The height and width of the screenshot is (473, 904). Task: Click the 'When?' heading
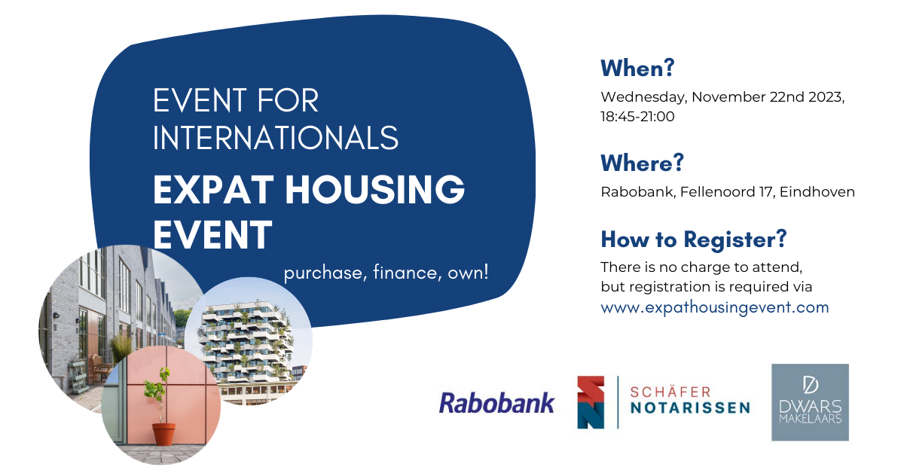pyautogui.click(x=637, y=68)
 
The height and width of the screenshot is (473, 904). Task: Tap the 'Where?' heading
pyautogui.click(x=642, y=163)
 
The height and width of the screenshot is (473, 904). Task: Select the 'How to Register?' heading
pyautogui.click(x=694, y=240)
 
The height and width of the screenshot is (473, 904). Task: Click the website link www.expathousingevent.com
pyautogui.click(x=715, y=307)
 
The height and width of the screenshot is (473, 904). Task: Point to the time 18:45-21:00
pyautogui.click(x=637, y=117)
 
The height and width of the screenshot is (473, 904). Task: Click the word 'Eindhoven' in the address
pyautogui.click(x=817, y=192)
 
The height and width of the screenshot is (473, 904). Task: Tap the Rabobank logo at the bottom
pyautogui.click(x=496, y=403)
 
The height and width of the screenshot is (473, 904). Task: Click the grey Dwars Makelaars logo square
pyautogui.click(x=810, y=402)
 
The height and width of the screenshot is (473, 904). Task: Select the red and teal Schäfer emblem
pyautogui.click(x=591, y=402)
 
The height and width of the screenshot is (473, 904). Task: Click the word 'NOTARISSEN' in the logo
pyautogui.click(x=690, y=407)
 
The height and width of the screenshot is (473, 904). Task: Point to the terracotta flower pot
pyautogui.click(x=163, y=434)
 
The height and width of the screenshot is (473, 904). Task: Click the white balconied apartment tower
pyautogui.click(x=246, y=341)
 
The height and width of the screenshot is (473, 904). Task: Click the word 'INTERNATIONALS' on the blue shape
pyautogui.click(x=276, y=138)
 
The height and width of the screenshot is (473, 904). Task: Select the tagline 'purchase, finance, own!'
pyautogui.click(x=386, y=273)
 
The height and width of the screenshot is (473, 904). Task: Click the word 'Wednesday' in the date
pyautogui.click(x=643, y=97)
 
